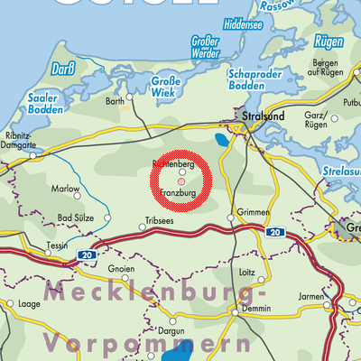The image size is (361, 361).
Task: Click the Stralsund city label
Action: pyautogui.click(x=263, y=117)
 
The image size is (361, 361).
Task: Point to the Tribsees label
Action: pyautogui.click(x=156, y=219)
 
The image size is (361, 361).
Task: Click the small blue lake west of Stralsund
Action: pyautogui.click(x=221, y=140)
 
